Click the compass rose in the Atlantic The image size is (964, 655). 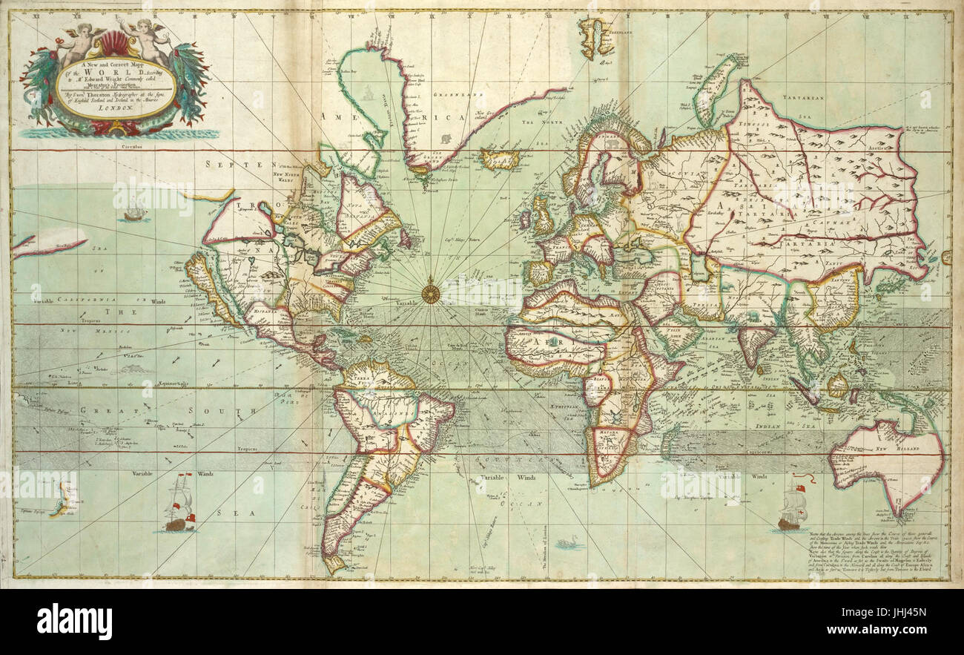pos(431,292)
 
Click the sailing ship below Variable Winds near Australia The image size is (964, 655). pos(790,511)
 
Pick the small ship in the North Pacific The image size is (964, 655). pos(134,214)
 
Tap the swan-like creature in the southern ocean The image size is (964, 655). pos(568,544)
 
